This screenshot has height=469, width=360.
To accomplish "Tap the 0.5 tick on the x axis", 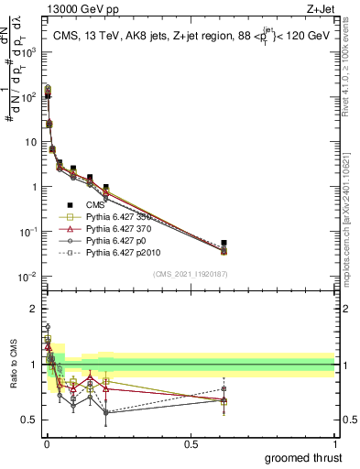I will click(x=191, y=443).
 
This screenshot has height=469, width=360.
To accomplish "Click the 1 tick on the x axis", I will click(x=334, y=443).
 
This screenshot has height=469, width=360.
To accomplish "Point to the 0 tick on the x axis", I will click(x=47, y=443).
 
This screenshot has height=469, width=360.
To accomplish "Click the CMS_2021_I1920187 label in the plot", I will click(x=190, y=274).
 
